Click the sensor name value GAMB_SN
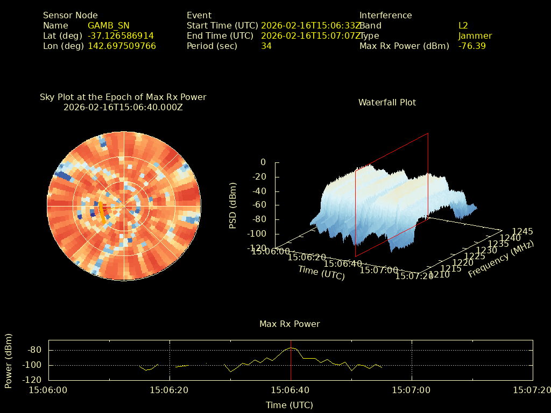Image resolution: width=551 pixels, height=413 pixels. tap(108, 26)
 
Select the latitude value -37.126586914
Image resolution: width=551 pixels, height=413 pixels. tap(121, 36)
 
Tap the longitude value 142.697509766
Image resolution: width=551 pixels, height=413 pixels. tap(122, 46)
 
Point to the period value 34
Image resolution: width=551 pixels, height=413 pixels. tap(266, 46)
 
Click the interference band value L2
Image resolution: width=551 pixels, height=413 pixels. tap(463, 26)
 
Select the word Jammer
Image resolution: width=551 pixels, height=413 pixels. tap(475, 36)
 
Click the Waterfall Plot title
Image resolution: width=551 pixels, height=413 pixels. tap(387, 102)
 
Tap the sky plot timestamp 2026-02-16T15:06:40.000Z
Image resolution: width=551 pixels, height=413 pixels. tap(123, 107)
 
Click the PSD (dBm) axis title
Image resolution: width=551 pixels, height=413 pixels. tap(233, 205)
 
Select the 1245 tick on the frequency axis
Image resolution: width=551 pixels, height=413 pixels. tap(522, 232)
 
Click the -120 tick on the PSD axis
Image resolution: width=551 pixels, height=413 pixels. tap(256, 248)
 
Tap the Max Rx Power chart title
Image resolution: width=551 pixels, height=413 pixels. tap(289, 324)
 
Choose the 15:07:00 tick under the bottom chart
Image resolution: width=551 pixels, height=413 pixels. tap(411, 390)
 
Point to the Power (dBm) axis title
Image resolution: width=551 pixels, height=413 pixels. tap(8, 360)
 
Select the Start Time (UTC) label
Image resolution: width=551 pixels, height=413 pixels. tap(221, 26)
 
